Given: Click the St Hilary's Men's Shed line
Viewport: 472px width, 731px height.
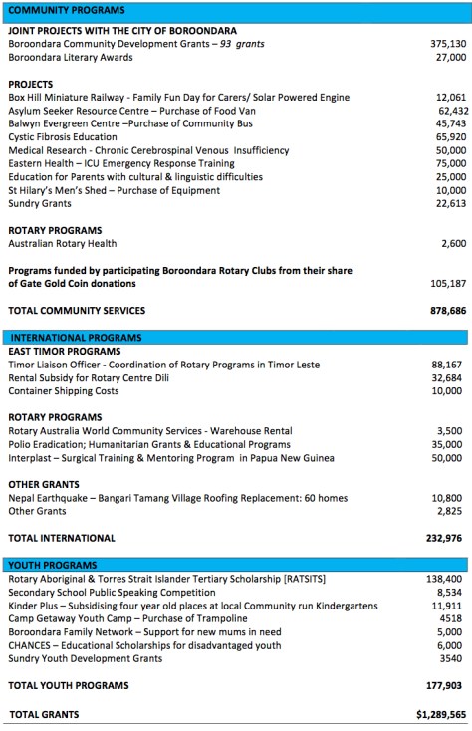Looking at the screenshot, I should [108, 189].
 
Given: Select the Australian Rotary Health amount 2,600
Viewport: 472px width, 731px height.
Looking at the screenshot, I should [451, 243].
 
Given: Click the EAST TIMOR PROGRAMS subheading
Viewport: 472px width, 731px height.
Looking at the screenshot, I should [64, 352].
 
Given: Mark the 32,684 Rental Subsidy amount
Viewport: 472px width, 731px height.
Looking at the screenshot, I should [448, 378].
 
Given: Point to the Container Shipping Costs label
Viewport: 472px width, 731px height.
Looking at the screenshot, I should [63, 391].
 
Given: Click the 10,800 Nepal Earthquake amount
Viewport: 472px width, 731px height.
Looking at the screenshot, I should [448, 498].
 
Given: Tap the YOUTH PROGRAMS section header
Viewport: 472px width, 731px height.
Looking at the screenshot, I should [51, 565].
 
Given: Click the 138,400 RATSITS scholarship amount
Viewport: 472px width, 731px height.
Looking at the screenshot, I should [445, 579].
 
